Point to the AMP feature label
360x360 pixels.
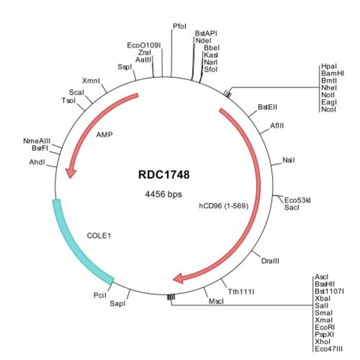point(104,134)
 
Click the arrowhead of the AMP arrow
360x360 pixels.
point(70,173)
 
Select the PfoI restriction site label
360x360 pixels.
point(179,26)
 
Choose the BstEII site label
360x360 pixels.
point(268,107)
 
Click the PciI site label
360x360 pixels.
point(100,295)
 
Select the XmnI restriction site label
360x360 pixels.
point(91,80)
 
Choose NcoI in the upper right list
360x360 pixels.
point(328,109)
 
